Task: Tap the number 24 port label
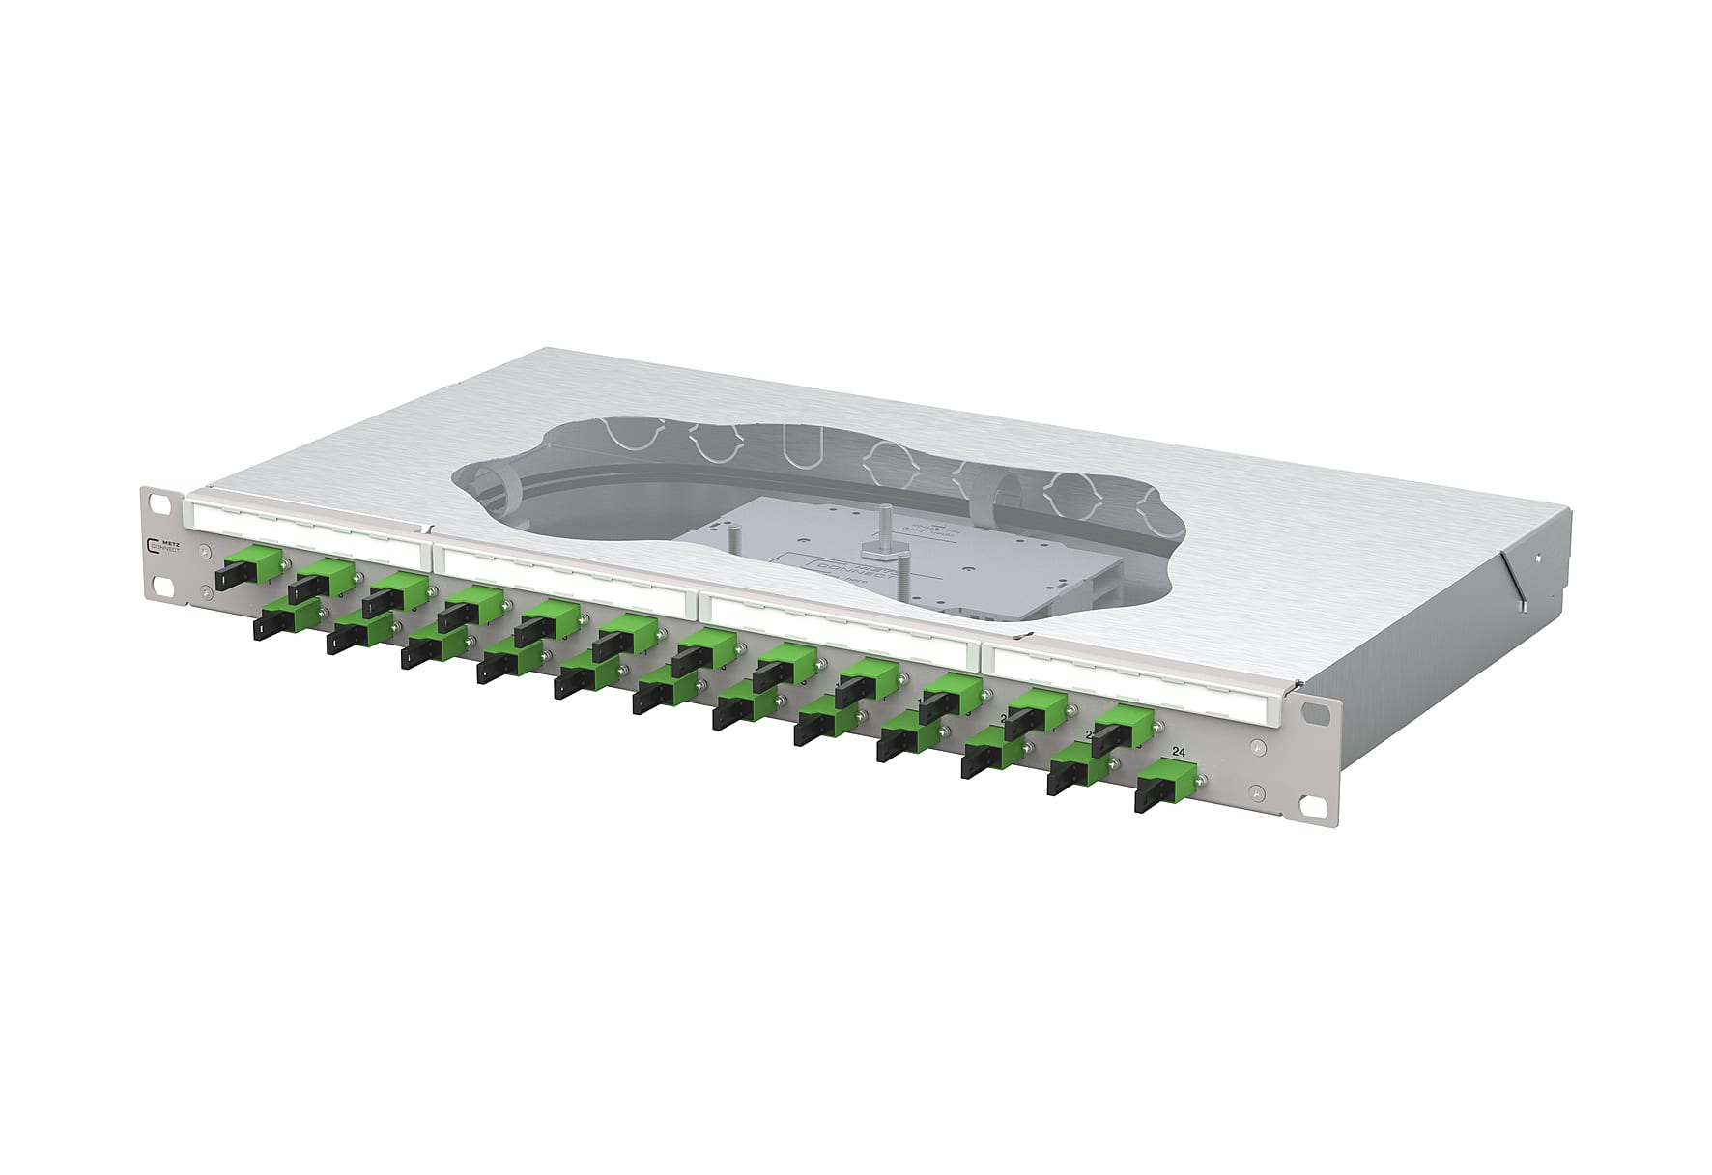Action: tap(1179, 752)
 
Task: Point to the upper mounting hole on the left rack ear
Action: tap(152, 500)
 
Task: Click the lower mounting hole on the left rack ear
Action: tap(155, 585)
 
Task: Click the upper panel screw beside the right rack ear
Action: tap(1255, 747)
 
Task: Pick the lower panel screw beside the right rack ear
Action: tap(1255, 793)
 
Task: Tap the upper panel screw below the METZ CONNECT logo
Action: tap(206, 553)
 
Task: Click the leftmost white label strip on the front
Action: tap(304, 525)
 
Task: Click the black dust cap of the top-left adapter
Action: tap(228, 578)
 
